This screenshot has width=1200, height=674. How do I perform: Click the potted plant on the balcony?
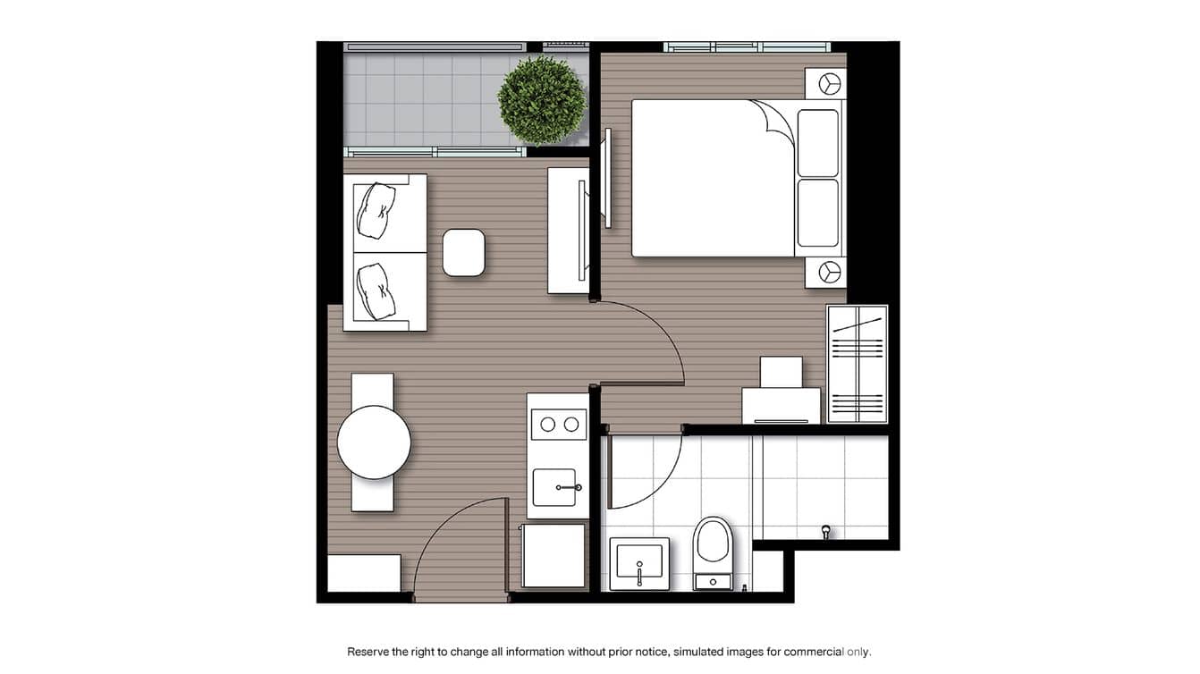coord(541,99)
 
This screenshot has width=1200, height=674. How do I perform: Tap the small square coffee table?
coord(464,252)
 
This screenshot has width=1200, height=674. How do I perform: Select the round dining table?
coord(374,442)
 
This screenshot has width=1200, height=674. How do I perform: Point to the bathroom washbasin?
coord(639,562)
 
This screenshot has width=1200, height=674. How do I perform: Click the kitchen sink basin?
coord(554,487)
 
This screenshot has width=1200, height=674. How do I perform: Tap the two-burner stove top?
coord(559,425)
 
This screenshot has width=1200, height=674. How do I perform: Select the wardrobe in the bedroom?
coord(857,364)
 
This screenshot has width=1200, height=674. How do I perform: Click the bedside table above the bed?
coord(825,83)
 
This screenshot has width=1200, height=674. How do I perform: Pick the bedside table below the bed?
coord(825,272)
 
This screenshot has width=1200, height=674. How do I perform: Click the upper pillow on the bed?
coord(818,143)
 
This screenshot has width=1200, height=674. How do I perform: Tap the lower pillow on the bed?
coord(818,213)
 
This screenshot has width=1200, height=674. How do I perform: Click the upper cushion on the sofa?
coord(374,211)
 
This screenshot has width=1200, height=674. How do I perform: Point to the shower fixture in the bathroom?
coord(826,532)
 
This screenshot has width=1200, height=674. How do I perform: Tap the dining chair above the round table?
coord(372,389)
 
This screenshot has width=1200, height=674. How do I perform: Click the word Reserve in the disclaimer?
coord(368,652)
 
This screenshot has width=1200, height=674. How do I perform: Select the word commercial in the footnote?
coord(815,652)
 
